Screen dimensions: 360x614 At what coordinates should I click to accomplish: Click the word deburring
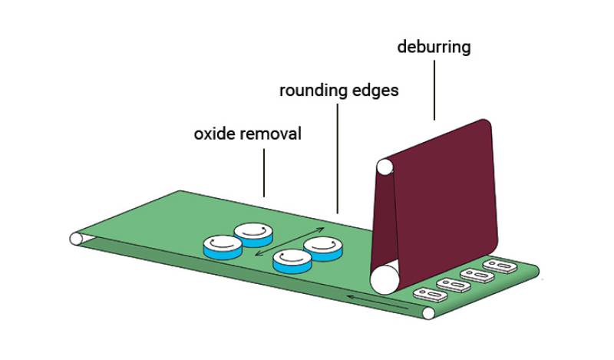[x=434, y=48]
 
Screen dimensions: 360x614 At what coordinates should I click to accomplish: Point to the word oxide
[x=211, y=134]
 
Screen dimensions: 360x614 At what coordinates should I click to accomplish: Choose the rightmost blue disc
[x=323, y=248]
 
